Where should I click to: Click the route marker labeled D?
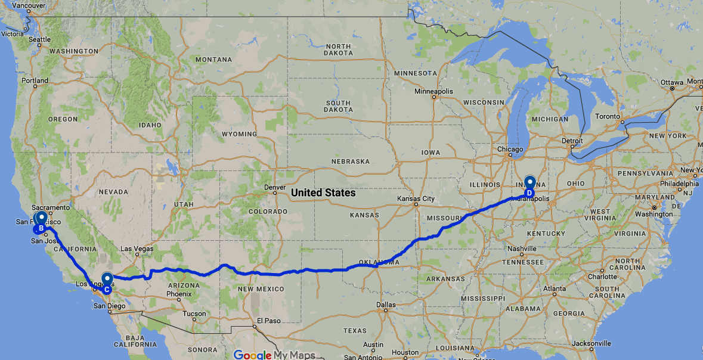pos(529,184)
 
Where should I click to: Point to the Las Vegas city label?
pos(137,249)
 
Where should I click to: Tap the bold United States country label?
pos(323,193)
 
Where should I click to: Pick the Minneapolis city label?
pos(434,92)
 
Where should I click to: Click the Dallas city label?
pos(386,305)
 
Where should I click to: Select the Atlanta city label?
pos(555,289)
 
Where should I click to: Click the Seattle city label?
pos(40,39)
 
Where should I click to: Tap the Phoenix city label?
pos(178,294)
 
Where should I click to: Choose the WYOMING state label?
pos(239,134)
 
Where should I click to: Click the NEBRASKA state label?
pos(351,162)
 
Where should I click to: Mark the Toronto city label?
pos(608,116)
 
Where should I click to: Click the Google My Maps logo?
pos(274,355)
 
